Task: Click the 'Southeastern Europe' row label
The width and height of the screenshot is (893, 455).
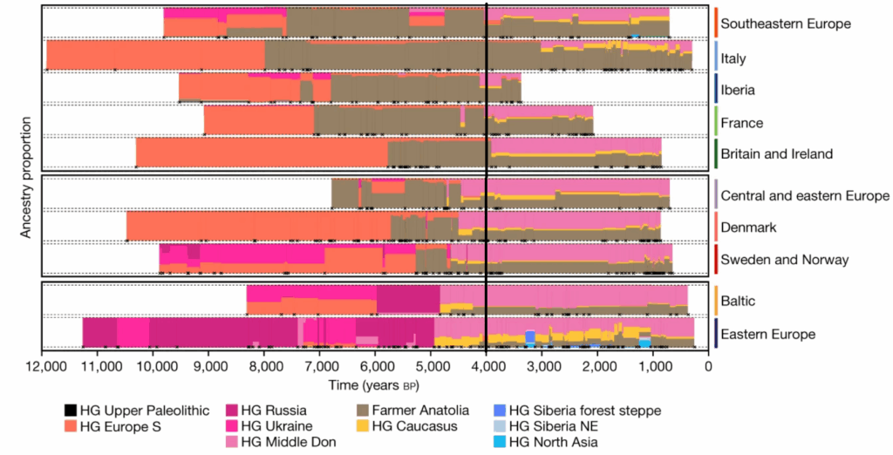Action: [x=786, y=24]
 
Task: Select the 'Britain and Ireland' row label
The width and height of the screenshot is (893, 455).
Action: [x=777, y=154]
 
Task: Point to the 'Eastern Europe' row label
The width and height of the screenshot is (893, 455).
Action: [x=768, y=334]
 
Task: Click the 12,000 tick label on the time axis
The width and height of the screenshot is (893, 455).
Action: [x=42, y=368]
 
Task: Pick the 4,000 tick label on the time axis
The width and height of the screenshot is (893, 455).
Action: [x=487, y=368]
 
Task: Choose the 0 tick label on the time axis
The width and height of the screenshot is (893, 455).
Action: [x=708, y=368]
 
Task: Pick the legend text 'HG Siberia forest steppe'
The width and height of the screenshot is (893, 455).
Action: [x=585, y=411]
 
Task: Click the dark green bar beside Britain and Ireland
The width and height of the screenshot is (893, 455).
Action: [x=715, y=154]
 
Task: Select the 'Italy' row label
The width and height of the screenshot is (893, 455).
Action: [x=733, y=58]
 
